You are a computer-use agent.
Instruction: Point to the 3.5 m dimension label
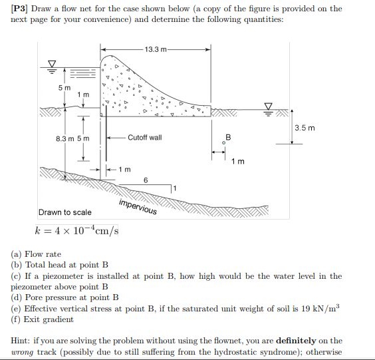(303, 128)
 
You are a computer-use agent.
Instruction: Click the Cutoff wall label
(144, 138)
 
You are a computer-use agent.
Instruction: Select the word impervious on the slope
(138, 207)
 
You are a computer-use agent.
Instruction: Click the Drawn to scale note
(65, 212)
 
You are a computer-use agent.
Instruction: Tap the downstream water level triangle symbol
(269, 106)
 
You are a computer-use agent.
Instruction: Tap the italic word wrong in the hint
(24, 351)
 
